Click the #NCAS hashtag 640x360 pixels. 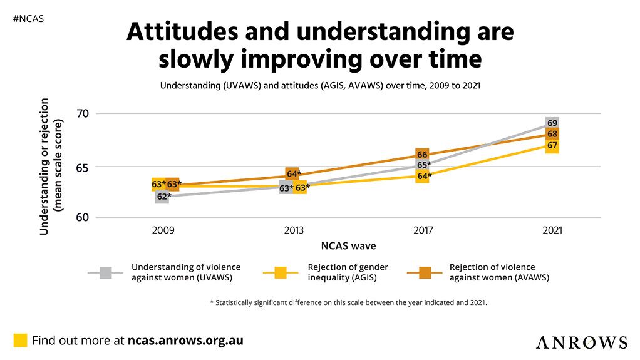pos(28,19)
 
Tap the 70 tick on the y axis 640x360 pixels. pos(83,113)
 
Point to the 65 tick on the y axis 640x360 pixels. pos(83,167)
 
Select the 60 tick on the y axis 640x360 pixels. pos(83,218)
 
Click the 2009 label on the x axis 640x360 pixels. pos(163,230)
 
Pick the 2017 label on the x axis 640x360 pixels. pos(423,230)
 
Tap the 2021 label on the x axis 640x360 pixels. pos(552,230)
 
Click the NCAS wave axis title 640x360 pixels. pos(349,245)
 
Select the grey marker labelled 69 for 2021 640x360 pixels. pos(552,123)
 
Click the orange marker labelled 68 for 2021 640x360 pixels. pos(552,134)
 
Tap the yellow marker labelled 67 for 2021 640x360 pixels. pos(552,146)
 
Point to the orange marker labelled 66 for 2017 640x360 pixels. pos(422,155)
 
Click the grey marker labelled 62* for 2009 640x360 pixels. pos(163,197)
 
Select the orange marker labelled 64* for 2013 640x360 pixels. pos(292,174)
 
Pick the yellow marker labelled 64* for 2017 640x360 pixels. pos(423,177)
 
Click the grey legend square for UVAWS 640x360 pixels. pos(106,272)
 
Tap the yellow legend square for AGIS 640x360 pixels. pos(281,272)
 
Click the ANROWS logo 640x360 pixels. pos(581,342)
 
